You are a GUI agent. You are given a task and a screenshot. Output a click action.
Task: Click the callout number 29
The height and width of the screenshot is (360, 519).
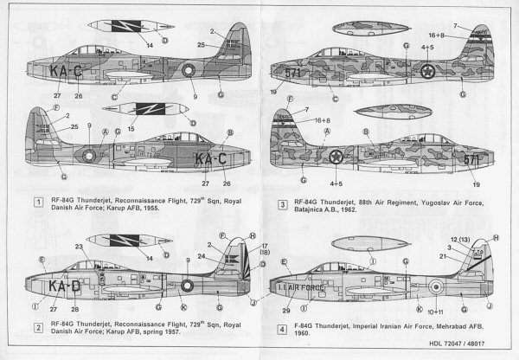click(x=286, y=310)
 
